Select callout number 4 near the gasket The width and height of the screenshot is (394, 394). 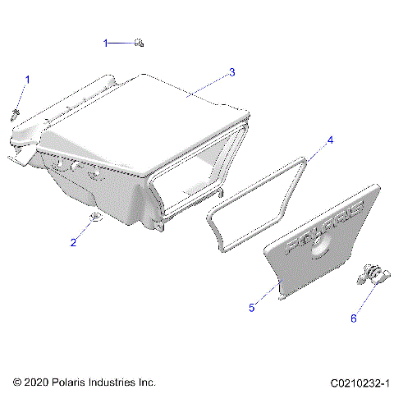pos(330,140)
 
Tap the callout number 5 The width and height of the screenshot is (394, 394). pos(252,308)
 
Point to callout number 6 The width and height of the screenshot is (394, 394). pos(355,318)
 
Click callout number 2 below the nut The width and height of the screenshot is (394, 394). pos(72,242)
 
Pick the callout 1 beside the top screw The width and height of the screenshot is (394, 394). pos(105,42)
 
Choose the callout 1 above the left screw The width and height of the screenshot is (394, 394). pos(27,80)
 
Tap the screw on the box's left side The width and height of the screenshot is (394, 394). pos(16,112)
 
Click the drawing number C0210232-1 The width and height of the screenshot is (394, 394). pos(360,383)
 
